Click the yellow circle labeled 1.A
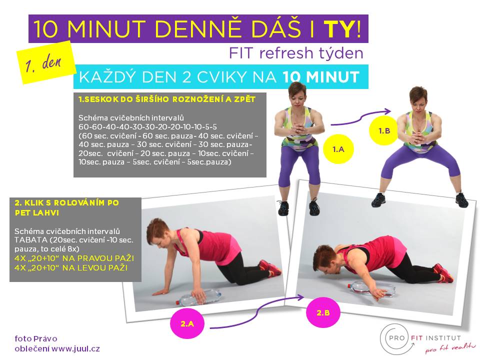pyautogui.click(x=338, y=149)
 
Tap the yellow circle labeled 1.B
pyautogui.click(x=384, y=130)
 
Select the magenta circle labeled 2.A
pyautogui.click(x=187, y=323)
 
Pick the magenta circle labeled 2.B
pyautogui.click(x=323, y=312)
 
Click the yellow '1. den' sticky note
pyautogui.click(x=45, y=62)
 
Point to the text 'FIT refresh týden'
pyautogui.click(x=296, y=53)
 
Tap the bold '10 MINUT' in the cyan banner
pyautogui.click(x=320, y=77)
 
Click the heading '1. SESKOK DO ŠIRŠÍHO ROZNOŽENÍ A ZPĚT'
pyautogui.click(x=167, y=99)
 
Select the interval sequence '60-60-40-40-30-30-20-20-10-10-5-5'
pyautogui.click(x=147, y=126)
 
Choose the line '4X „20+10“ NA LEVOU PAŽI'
pyautogui.click(x=71, y=268)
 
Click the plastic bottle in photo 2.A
pyautogui.click(x=198, y=297)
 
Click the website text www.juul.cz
pyautogui.click(x=75, y=348)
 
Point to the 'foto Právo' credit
pyautogui.click(x=36, y=338)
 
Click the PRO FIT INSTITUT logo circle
pyautogui.click(x=395, y=339)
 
